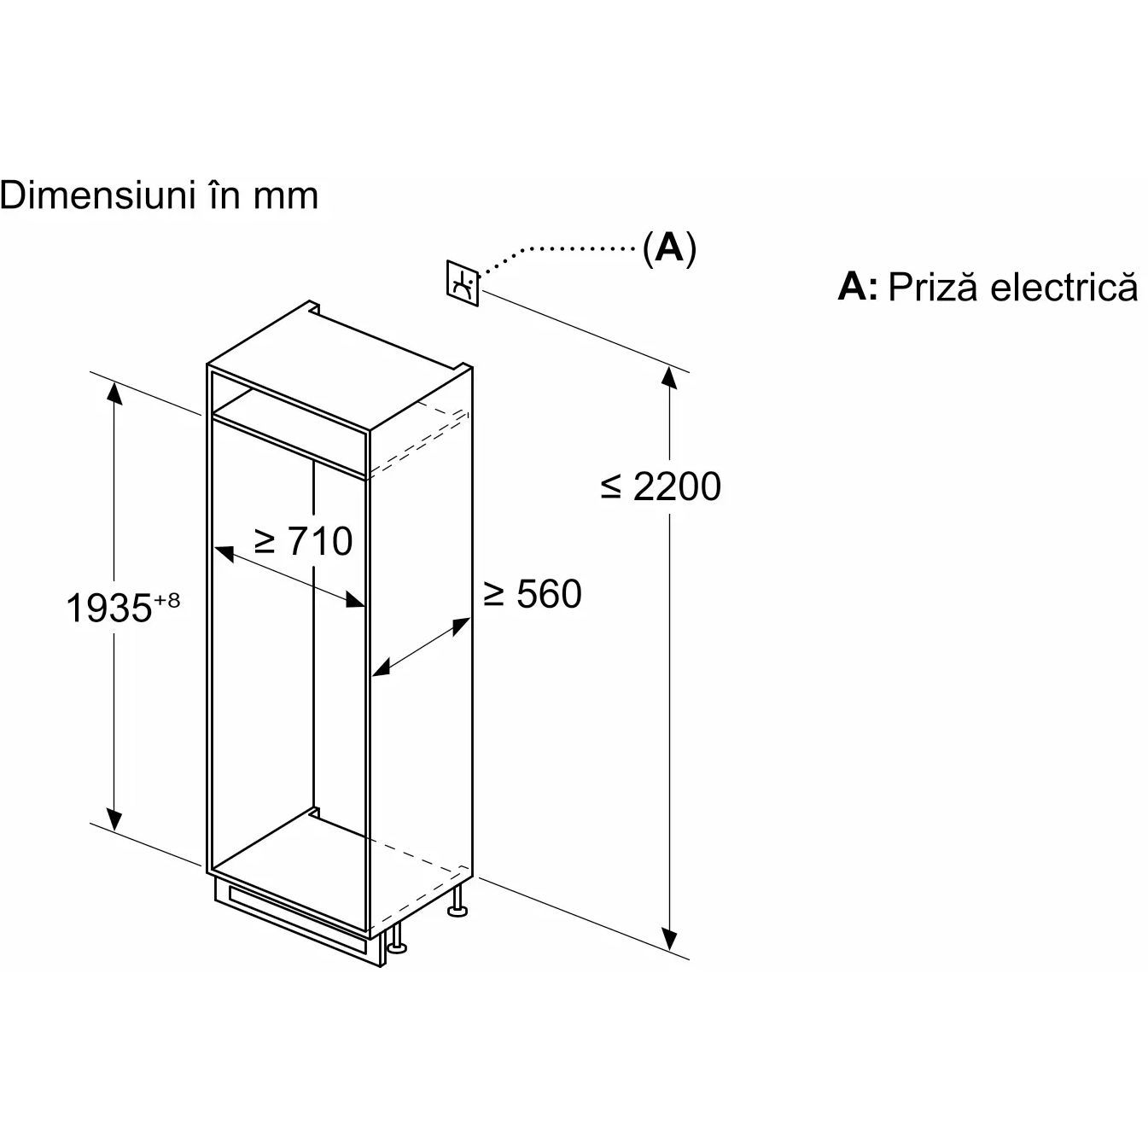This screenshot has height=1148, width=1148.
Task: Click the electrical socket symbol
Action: coord(463,282)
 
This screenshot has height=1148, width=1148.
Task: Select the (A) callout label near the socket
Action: coord(669,248)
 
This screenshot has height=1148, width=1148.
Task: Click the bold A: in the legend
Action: coord(857,287)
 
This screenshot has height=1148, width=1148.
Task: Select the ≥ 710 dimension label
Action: coord(303,541)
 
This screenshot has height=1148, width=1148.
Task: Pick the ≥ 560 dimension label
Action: coord(532,594)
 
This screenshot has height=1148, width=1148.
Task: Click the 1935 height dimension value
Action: coord(108,609)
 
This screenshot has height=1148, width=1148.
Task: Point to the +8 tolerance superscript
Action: coord(167,600)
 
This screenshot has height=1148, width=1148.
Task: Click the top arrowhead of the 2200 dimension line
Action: coord(671,376)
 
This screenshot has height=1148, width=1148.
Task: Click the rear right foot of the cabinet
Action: coord(458,903)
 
